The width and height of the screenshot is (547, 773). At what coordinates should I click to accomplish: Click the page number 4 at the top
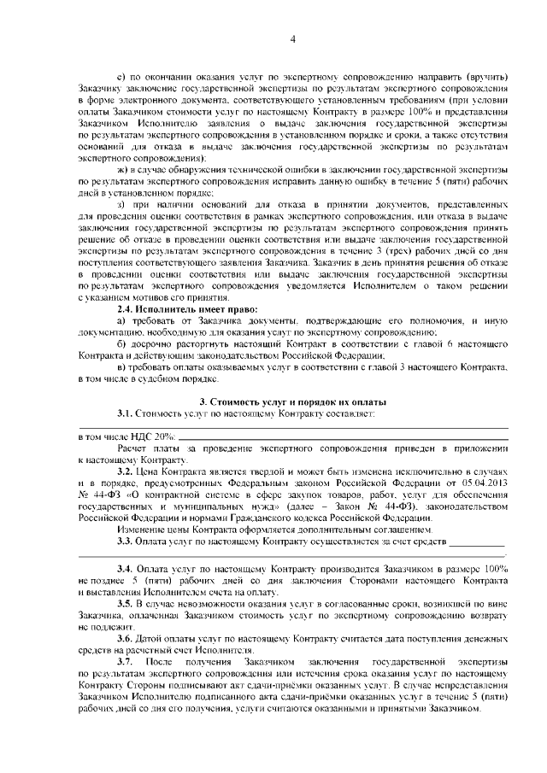[x=292, y=38]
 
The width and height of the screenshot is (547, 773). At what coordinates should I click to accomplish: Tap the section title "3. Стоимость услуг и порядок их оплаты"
[x=292, y=401]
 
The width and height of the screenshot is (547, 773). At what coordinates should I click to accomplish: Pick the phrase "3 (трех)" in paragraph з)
[x=381, y=254]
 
